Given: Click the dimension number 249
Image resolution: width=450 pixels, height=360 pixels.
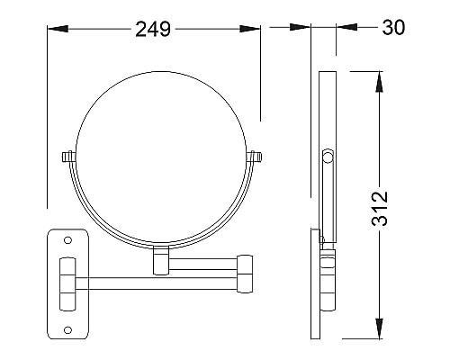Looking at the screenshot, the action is coord(153,29).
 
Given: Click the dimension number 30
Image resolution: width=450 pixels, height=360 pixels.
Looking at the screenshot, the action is coord(393,27).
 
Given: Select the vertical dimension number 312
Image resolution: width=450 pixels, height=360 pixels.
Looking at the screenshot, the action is coord(380,208).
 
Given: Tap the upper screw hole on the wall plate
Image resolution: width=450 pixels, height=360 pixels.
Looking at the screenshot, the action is coord(68,240).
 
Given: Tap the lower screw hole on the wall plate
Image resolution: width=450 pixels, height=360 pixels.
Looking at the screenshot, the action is coord(68,330).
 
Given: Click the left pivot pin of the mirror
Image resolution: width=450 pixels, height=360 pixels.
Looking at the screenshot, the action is coord(68,157).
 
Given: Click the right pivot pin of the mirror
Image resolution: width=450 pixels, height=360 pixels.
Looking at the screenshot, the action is coord(255,157).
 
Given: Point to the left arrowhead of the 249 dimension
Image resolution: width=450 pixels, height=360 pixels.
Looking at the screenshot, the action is coord(58,29).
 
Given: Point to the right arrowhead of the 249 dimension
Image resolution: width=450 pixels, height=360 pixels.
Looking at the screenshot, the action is coord(250,29).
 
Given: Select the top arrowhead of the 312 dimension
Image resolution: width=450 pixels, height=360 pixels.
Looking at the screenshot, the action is coord(380,82).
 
